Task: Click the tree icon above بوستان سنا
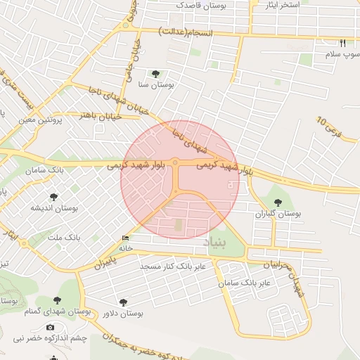(155, 74)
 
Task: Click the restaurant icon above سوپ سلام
(342, 42)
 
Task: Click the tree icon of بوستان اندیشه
(54, 197)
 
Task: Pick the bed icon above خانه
(126, 238)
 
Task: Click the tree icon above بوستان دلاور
(124, 302)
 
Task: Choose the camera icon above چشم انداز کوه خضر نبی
(49, 328)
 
